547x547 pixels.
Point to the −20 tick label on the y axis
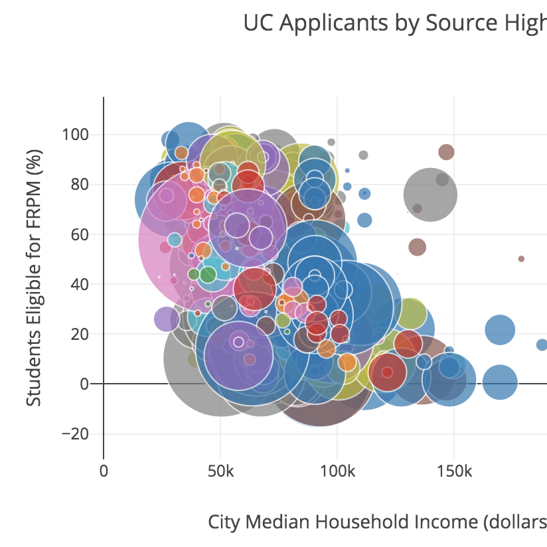[x=74, y=433]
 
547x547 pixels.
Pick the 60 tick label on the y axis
[x=80, y=234]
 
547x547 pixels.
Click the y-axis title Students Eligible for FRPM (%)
[x=35, y=277]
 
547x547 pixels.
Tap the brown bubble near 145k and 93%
[x=446, y=151]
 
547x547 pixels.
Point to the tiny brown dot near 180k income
[x=521, y=259]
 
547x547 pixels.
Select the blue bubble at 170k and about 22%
[x=500, y=330]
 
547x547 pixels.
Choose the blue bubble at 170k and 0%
[x=499, y=382]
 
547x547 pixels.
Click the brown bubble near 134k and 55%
[x=417, y=247]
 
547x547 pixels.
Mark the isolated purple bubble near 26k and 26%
[x=166, y=319]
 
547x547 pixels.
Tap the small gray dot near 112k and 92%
[x=363, y=155]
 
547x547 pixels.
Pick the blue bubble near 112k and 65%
[x=364, y=220]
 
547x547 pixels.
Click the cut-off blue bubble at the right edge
[x=542, y=345]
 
